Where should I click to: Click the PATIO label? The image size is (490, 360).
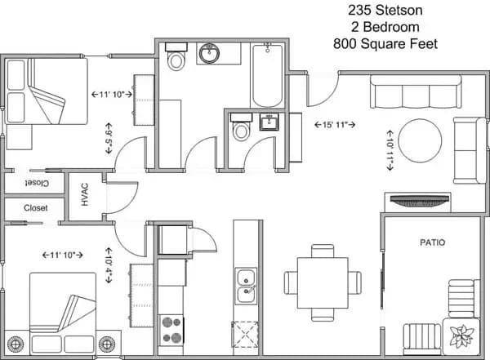click(x=433, y=242)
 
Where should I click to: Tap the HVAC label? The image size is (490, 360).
click(x=85, y=195)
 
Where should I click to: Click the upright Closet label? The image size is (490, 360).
click(x=35, y=208)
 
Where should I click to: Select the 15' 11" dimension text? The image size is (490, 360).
click(x=336, y=125)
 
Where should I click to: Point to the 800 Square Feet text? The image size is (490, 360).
click(x=385, y=43)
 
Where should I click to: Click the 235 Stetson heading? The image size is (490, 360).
click(x=385, y=11)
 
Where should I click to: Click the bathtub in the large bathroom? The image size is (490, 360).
click(x=267, y=76)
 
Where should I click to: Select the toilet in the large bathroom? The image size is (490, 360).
click(x=176, y=59)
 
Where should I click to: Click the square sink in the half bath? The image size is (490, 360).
click(x=270, y=123)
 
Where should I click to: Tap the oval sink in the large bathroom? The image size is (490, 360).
click(x=210, y=55)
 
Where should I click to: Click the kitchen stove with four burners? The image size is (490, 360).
click(x=171, y=327)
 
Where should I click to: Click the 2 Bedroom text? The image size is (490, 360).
click(x=385, y=27)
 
